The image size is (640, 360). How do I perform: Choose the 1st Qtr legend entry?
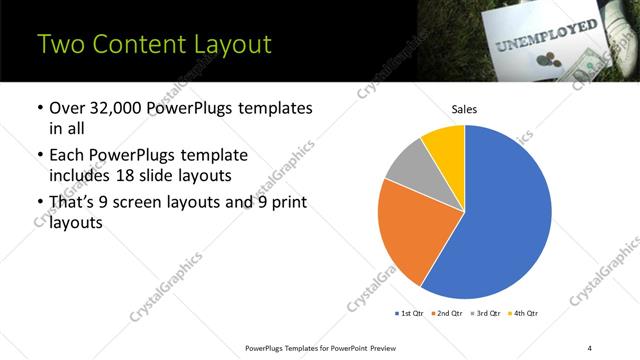click(411, 314)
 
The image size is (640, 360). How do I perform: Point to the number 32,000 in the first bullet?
click(115, 108)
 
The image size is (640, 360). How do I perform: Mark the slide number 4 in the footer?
click(590, 347)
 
